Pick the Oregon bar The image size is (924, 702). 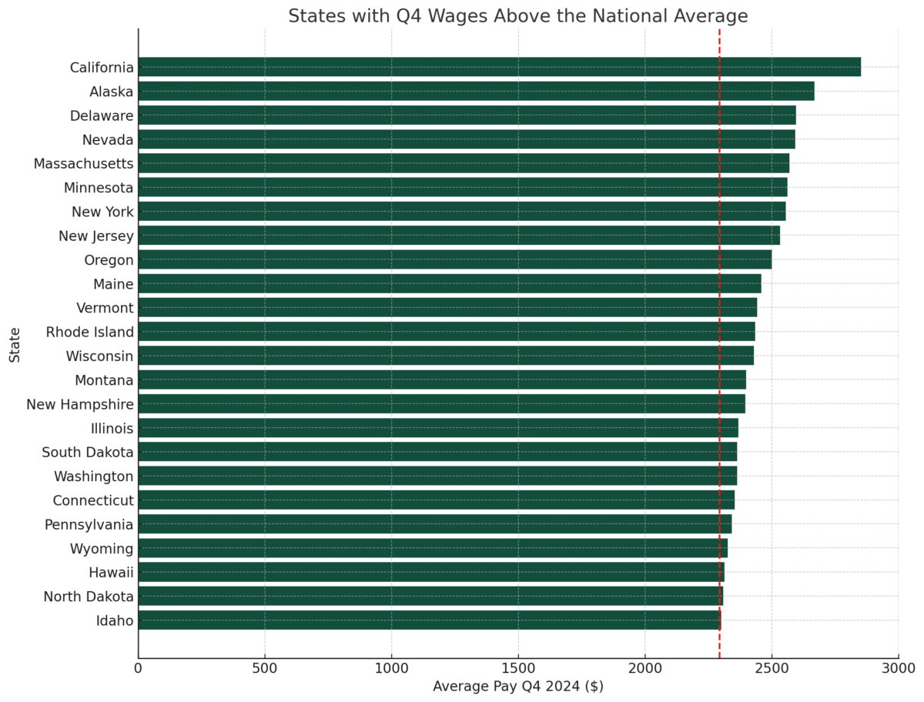click(x=454, y=259)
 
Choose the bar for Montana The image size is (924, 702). click(x=442, y=379)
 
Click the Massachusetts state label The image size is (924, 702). click(x=83, y=163)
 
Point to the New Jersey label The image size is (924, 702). click(x=95, y=236)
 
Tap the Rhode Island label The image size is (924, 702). click(x=89, y=332)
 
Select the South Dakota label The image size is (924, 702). click(x=87, y=452)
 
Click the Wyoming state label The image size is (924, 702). click(x=102, y=548)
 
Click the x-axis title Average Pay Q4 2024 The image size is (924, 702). click(x=517, y=686)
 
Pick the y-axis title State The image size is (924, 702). click(x=15, y=344)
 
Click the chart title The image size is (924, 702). click(x=517, y=16)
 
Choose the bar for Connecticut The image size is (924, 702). click(x=436, y=500)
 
